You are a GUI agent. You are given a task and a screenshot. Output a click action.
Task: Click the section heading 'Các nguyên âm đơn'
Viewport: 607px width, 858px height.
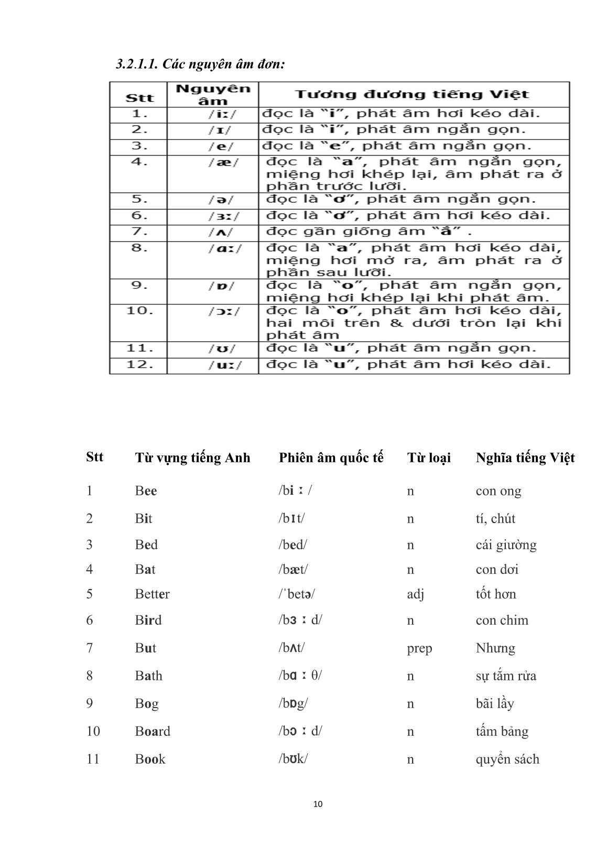click(200, 64)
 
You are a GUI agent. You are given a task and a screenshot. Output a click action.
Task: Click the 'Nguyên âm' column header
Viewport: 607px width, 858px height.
click(213, 94)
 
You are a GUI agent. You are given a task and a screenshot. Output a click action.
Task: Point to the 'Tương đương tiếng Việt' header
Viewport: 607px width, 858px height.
click(412, 94)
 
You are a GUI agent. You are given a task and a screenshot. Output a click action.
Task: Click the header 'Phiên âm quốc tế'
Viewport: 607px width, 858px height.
click(331, 458)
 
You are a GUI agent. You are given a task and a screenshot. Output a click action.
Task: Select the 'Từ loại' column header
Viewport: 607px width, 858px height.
click(429, 458)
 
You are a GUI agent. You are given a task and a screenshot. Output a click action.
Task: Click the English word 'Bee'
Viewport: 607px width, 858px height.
click(146, 491)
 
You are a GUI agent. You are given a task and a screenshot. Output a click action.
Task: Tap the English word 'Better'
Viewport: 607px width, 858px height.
click(152, 594)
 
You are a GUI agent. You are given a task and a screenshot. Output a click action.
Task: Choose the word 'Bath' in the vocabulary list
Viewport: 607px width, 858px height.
click(148, 676)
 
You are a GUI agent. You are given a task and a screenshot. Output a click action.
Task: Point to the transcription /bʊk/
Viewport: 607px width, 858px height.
click(292, 759)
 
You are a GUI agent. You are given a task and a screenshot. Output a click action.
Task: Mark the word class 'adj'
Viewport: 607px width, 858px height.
click(415, 594)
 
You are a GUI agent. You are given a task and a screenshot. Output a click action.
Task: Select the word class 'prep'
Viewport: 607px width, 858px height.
click(419, 649)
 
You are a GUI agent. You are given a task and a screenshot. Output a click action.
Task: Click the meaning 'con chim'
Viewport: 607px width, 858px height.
click(502, 621)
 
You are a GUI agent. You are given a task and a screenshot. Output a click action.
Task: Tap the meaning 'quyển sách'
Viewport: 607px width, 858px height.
click(507, 759)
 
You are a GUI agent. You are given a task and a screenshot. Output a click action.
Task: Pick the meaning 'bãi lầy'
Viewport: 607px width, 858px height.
click(494, 704)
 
